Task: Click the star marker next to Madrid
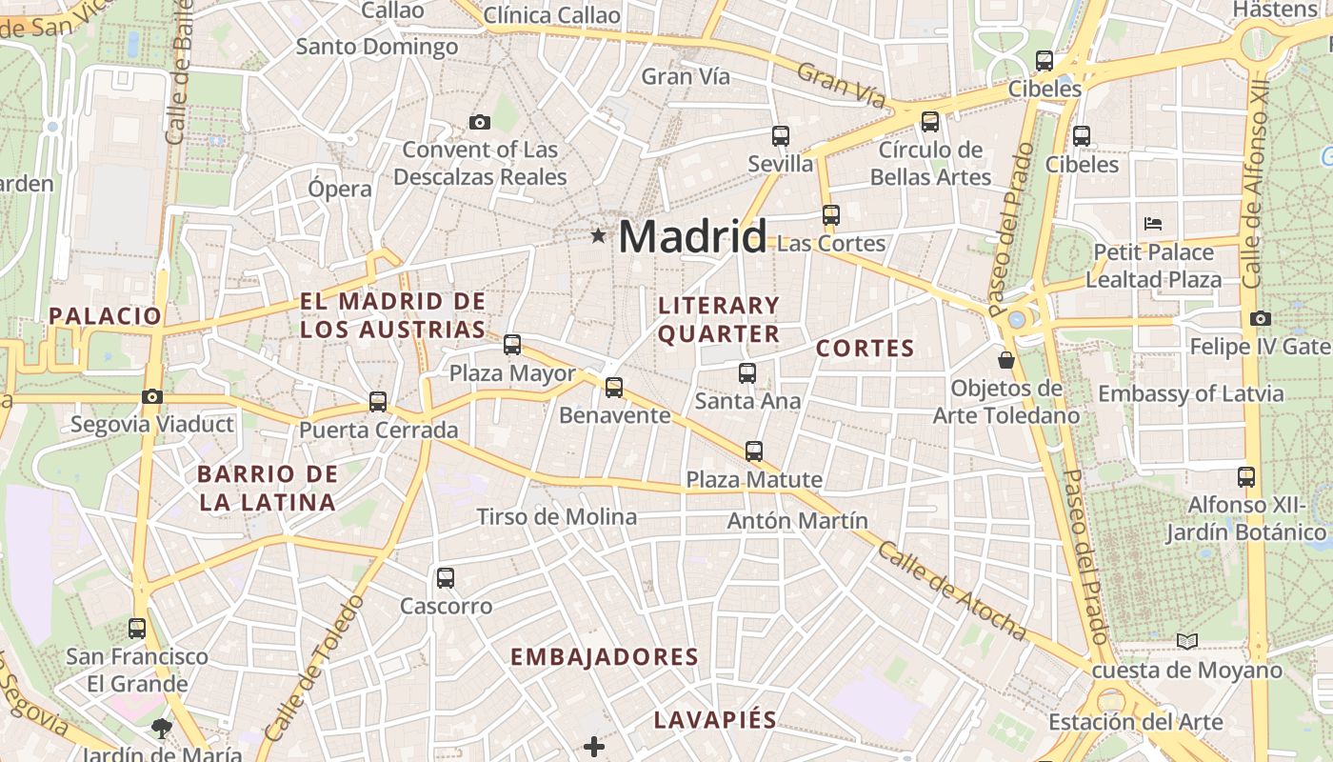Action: point(598,235)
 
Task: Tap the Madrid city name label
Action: point(692,236)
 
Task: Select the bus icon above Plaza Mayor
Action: point(512,345)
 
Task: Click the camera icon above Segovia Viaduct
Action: point(151,396)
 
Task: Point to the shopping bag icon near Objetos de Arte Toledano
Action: point(1005,360)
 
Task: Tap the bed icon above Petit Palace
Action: point(1153,224)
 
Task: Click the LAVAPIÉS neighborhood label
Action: point(715,719)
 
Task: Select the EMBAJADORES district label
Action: point(605,657)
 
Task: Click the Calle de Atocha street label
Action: point(951,592)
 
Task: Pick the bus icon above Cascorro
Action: point(445,578)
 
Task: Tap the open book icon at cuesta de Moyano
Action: point(1186,641)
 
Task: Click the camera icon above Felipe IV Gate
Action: point(1261,318)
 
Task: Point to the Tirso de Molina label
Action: point(557,517)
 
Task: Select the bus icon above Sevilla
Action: point(781,136)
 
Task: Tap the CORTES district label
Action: point(865,349)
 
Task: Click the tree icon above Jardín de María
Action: point(162,729)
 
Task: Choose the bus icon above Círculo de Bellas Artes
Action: point(930,122)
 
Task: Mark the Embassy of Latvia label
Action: point(1190,393)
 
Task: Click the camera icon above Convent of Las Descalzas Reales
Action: point(480,122)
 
